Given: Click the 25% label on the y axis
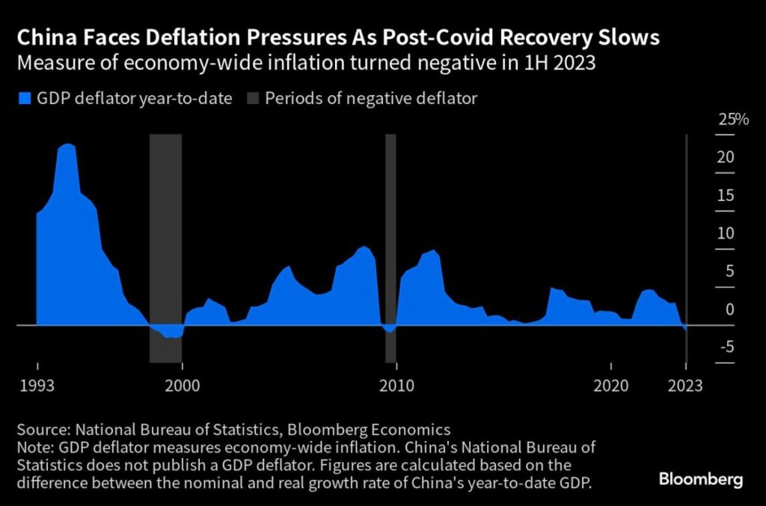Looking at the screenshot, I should (x=733, y=120).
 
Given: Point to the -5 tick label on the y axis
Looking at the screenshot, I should (x=724, y=347).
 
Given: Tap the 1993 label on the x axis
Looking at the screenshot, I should (x=37, y=386).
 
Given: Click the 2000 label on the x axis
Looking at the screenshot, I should (x=182, y=386).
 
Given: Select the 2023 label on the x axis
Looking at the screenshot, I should (x=684, y=386).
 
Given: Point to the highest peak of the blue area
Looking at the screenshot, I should (x=67, y=145).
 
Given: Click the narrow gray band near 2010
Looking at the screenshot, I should (x=390, y=247).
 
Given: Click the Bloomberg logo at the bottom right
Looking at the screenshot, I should (x=701, y=479).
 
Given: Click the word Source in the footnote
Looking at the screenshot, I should (x=42, y=430).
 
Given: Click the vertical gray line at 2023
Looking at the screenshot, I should (x=687, y=224).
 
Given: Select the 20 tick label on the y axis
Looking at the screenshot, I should (x=725, y=158).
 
